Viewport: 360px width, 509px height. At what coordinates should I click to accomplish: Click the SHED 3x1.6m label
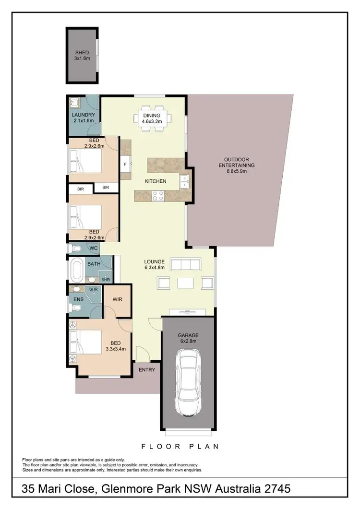(x=82, y=55)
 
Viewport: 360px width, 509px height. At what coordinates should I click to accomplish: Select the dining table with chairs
(x=152, y=118)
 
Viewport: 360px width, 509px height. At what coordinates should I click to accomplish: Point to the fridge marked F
(x=125, y=164)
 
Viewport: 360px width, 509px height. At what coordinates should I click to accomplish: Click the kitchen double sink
(x=183, y=181)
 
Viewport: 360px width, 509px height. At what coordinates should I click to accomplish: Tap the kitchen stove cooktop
(x=157, y=195)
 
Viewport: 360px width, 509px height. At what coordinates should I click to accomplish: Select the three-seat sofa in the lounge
(x=185, y=263)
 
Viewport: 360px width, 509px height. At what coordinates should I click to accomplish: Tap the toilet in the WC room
(x=75, y=249)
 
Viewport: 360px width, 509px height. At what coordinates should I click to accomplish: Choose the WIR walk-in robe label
(x=117, y=300)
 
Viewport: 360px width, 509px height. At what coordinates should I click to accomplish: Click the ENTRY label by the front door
(x=147, y=370)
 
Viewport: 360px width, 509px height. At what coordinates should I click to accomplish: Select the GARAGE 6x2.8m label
(x=188, y=338)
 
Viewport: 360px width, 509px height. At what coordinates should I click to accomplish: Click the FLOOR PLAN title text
(x=180, y=446)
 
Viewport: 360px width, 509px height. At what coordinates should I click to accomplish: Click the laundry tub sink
(x=74, y=102)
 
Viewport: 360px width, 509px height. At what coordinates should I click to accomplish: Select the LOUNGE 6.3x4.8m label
(x=155, y=264)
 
